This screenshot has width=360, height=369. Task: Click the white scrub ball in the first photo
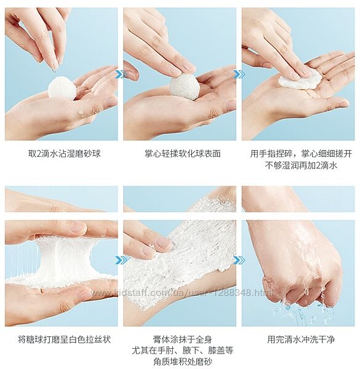click(x=62, y=87)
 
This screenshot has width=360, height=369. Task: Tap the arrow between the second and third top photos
click(x=239, y=74)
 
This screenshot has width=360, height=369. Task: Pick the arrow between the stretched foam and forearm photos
click(x=121, y=260)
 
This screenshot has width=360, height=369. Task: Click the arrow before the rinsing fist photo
click(x=239, y=260)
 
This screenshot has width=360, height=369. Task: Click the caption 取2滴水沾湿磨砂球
click(x=65, y=154)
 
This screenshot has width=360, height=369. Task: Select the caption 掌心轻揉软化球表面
click(x=183, y=154)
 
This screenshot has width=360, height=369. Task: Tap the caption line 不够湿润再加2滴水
click(x=301, y=165)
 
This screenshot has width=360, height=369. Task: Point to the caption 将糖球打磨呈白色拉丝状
click(x=64, y=339)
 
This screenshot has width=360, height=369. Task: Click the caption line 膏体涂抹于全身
click(x=183, y=339)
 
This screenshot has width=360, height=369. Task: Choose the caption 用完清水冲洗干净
click(x=301, y=339)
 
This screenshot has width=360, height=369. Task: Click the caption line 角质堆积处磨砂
click(x=183, y=362)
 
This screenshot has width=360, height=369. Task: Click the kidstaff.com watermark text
click(x=182, y=293)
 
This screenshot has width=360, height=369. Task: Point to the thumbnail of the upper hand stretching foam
click(x=62, y=199)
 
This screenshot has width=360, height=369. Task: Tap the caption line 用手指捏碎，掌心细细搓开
click(x=301, y=154)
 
